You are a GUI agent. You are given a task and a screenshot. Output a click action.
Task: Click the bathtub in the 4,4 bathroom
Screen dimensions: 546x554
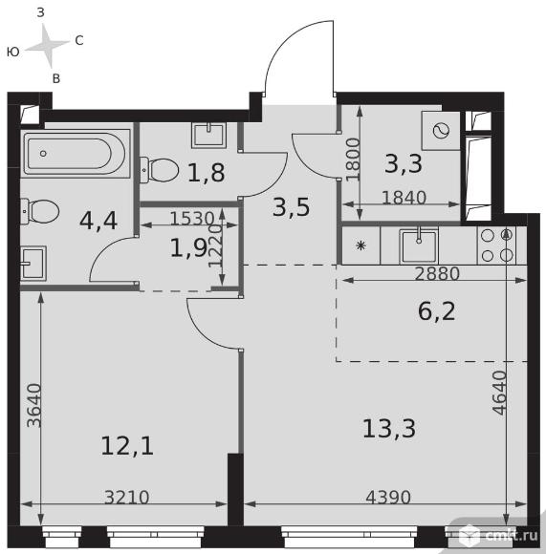76,154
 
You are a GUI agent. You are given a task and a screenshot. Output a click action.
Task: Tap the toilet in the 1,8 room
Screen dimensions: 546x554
160,170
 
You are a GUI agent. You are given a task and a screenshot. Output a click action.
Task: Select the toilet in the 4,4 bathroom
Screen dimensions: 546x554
39,211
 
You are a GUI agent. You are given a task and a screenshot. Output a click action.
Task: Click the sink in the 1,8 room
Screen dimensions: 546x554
208,135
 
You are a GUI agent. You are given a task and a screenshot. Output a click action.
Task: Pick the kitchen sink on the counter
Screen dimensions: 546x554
419,245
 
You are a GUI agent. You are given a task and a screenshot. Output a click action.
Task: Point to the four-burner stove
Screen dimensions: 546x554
497,245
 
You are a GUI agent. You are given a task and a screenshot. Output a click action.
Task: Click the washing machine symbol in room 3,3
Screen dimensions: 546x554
441,131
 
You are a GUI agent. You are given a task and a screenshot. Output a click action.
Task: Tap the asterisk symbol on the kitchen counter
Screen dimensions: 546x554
360,245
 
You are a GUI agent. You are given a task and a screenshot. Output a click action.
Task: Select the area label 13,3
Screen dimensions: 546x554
389,428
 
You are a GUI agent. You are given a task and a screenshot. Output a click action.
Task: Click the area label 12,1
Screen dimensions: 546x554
127,446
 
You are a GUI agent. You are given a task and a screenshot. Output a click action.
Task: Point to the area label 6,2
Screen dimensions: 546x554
436,311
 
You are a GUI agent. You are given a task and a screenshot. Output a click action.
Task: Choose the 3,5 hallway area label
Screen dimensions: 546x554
292,207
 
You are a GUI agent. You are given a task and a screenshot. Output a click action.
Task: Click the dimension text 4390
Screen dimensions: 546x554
388,498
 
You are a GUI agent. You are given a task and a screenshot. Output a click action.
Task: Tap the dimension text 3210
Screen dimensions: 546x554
127,498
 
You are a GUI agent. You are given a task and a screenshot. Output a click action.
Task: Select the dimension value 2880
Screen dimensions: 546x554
437,273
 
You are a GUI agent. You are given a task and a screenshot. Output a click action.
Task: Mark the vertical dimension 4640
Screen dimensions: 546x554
500,393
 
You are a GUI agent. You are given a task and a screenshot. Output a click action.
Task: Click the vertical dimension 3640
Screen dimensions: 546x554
34,406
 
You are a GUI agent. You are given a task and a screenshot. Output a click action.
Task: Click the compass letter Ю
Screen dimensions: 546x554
13,53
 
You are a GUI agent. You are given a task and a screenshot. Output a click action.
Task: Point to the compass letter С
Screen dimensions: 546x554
79,41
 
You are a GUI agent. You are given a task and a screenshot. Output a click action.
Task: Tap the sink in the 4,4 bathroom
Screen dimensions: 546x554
33,264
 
